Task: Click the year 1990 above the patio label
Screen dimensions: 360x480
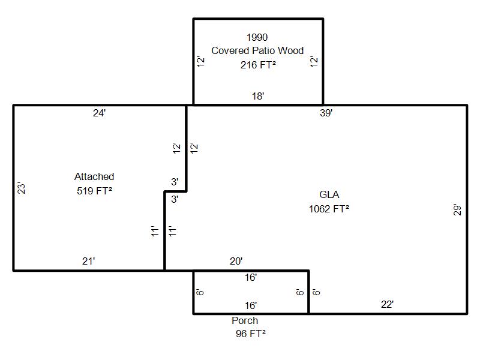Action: click(x=257, y=38)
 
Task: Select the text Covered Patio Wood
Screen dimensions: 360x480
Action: click(x=257, y=51)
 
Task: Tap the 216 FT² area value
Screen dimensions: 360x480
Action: click(x=258, y=65)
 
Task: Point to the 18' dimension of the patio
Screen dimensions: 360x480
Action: click(x=258, y=96)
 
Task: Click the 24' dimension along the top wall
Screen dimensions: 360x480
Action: click(x=100, y=113)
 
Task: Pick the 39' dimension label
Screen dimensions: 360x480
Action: click(x=326, y=113)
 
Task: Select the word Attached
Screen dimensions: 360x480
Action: click(x=94, y=177)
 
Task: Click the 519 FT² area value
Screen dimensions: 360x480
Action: click(x=94, y=191)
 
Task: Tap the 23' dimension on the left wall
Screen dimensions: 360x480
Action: click(x=22, y=188)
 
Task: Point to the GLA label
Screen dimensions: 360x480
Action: click(x=329, y=195)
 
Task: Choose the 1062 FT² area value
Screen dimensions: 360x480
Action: click(x=329, y=209)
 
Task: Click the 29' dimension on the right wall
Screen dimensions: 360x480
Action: click(x=458, y=211)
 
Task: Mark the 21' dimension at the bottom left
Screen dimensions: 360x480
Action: click(x=89, y=261)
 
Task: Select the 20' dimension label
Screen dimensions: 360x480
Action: click(x=236, y=261)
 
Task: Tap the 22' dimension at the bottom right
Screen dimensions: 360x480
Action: click(x=387, y=305)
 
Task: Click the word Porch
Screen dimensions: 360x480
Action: click(x=245, y=321)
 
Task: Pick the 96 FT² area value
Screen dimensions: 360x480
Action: click(x=250, y=335)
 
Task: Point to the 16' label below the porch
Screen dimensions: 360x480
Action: click(x=250, y=305)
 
